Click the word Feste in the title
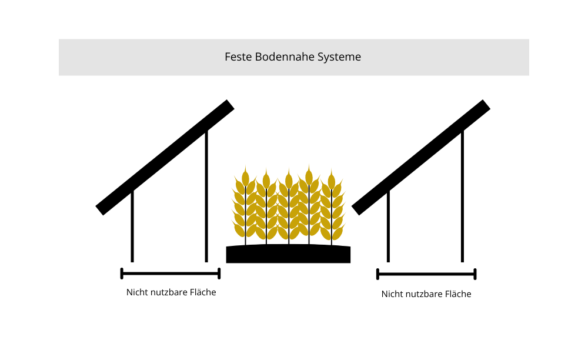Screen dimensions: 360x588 (237, 57)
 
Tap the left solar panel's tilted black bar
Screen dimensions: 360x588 (165, 157)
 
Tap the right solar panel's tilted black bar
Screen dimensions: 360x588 (421, 157)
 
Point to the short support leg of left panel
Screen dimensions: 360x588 (132, 226)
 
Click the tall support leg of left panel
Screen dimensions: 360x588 (206, 197)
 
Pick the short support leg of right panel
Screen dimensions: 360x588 (388, 226)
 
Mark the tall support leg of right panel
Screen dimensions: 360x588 (463, 197)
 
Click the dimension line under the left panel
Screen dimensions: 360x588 (170, 274)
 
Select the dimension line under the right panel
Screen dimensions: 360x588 (426, 274)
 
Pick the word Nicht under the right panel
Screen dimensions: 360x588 (392, 294)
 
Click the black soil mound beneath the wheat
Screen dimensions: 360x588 (288, 254)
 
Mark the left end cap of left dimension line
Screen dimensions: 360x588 (122, 274)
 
